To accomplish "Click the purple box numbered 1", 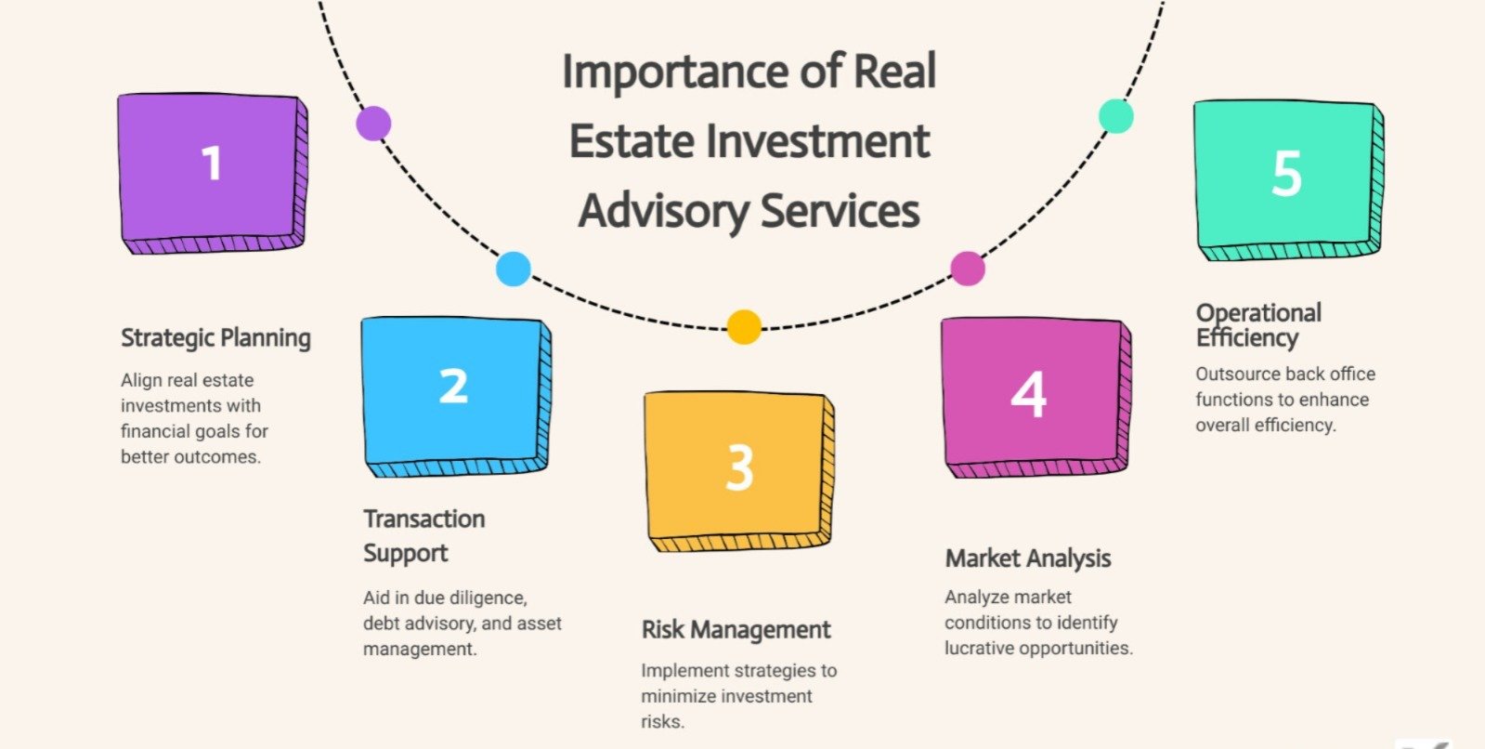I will click(x=212, y=172).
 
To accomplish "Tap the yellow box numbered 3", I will click(x=738, y=469).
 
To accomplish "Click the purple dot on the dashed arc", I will click(x=373, y=123).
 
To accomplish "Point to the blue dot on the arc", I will click(x=514, y=269).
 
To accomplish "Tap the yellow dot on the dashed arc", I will click(x=743, y=327).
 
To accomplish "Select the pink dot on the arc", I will click(x=968, y=269).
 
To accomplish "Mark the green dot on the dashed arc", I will click(x=1115, y=116).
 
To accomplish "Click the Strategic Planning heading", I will click(x=215, y=338).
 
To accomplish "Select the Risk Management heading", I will click(x=736, y=630).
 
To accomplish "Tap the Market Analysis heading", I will click(x=1028, y=558).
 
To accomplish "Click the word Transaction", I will click(x=424, y=519).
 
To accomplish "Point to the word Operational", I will click(x=1258, y=312).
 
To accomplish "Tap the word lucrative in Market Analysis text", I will click(x=978, y=649).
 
